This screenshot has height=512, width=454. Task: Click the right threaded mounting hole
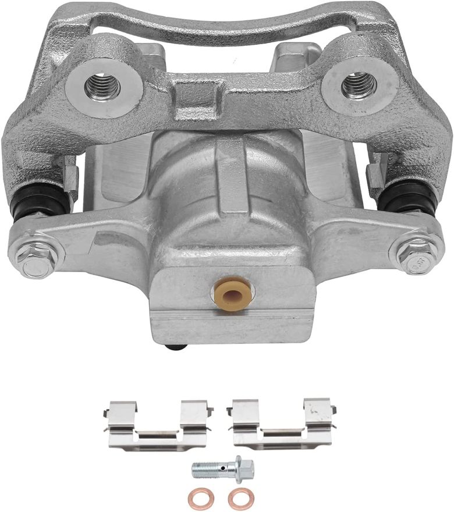coord(359,85)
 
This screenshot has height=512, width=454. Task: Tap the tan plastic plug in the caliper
coord(233,294)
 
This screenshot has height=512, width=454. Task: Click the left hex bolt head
coord(36,256)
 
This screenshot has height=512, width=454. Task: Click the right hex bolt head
coord(416,254)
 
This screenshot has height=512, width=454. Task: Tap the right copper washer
coord(240,499)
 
